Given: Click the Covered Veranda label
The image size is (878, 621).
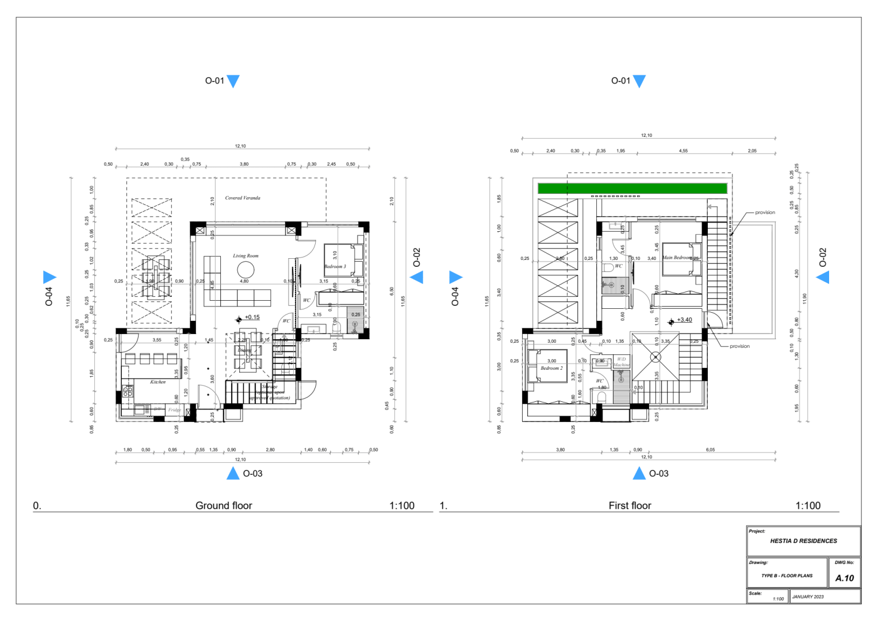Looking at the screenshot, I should click(x=242, y=198).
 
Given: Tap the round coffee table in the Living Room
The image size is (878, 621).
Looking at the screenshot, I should click(x=246, y=269).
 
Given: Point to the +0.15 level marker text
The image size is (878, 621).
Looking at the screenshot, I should click(x=252, y=317).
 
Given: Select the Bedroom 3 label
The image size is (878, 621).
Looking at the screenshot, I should click(x=335, y=266).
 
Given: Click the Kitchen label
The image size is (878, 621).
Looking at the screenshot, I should click(x=158, y=382).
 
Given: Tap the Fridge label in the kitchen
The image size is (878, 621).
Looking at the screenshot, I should click(x=174, y=410).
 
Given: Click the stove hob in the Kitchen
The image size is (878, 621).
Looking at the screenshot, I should click(x=128, y=391).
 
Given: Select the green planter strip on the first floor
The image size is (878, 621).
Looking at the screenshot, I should click(x=632, y=188).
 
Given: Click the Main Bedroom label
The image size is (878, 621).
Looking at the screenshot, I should click(x=677, y=258).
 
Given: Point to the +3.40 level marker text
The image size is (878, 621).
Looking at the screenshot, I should click(x=684, y=320).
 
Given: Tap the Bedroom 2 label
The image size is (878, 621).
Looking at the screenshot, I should click(x=551, y=368).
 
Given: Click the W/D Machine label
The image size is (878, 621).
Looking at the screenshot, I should click(x=622, y=362).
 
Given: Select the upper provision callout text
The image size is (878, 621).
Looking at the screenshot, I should click(x=765, y=212).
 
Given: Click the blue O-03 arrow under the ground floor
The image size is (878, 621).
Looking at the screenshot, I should click(x=233, y=473).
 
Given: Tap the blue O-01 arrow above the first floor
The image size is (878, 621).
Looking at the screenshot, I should click(x=639, y=81).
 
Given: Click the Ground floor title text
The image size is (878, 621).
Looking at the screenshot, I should click(x=224, y=505).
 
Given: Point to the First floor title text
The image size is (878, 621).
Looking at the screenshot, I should click(x=630, y=505).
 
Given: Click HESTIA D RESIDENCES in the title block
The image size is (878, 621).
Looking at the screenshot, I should click(x=803, y=541).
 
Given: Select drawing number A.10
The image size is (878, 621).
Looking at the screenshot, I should click(x=844, y=578).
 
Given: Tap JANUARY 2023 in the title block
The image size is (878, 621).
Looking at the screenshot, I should click(x=808, y=597).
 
